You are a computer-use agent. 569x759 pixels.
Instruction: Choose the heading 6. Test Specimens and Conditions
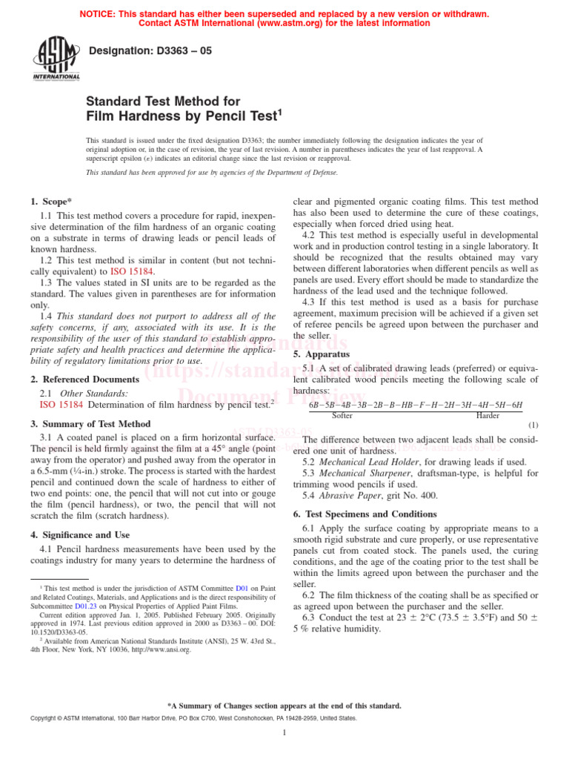tap(368, 514)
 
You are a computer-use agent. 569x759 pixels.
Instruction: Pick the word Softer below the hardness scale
tap(342, 416)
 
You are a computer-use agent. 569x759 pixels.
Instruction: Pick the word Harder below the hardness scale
tap(488, 416)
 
